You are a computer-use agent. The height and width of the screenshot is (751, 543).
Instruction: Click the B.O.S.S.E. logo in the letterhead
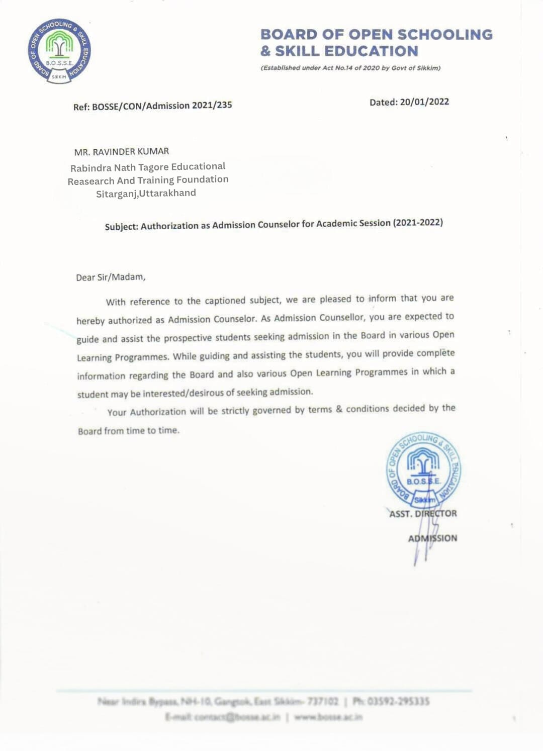[x=59, y=51]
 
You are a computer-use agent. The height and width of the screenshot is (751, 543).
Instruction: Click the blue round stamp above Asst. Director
[x=423, y=470]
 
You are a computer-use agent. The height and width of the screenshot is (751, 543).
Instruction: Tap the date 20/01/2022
[x=424, y=102]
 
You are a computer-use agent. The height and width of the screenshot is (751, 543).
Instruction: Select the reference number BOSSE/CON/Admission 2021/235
[x=162, y=106]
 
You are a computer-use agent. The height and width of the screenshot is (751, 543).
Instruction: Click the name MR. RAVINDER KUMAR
[x=122, y=151]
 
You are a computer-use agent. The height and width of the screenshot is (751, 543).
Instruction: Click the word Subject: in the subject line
[x=121, y=227]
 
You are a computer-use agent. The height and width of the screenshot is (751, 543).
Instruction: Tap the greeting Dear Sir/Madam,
[x=111, y=277]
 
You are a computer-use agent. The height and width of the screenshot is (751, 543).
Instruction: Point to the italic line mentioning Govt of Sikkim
[x=350, y=68]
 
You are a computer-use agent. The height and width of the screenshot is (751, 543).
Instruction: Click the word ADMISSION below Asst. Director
[x=432, y=538]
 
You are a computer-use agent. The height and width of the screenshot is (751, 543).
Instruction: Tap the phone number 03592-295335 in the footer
[x=398, y=701]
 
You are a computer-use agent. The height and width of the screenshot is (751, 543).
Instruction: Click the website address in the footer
[x=328, y=717]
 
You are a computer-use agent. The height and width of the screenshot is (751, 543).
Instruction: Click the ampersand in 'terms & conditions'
[x=339, y=409]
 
